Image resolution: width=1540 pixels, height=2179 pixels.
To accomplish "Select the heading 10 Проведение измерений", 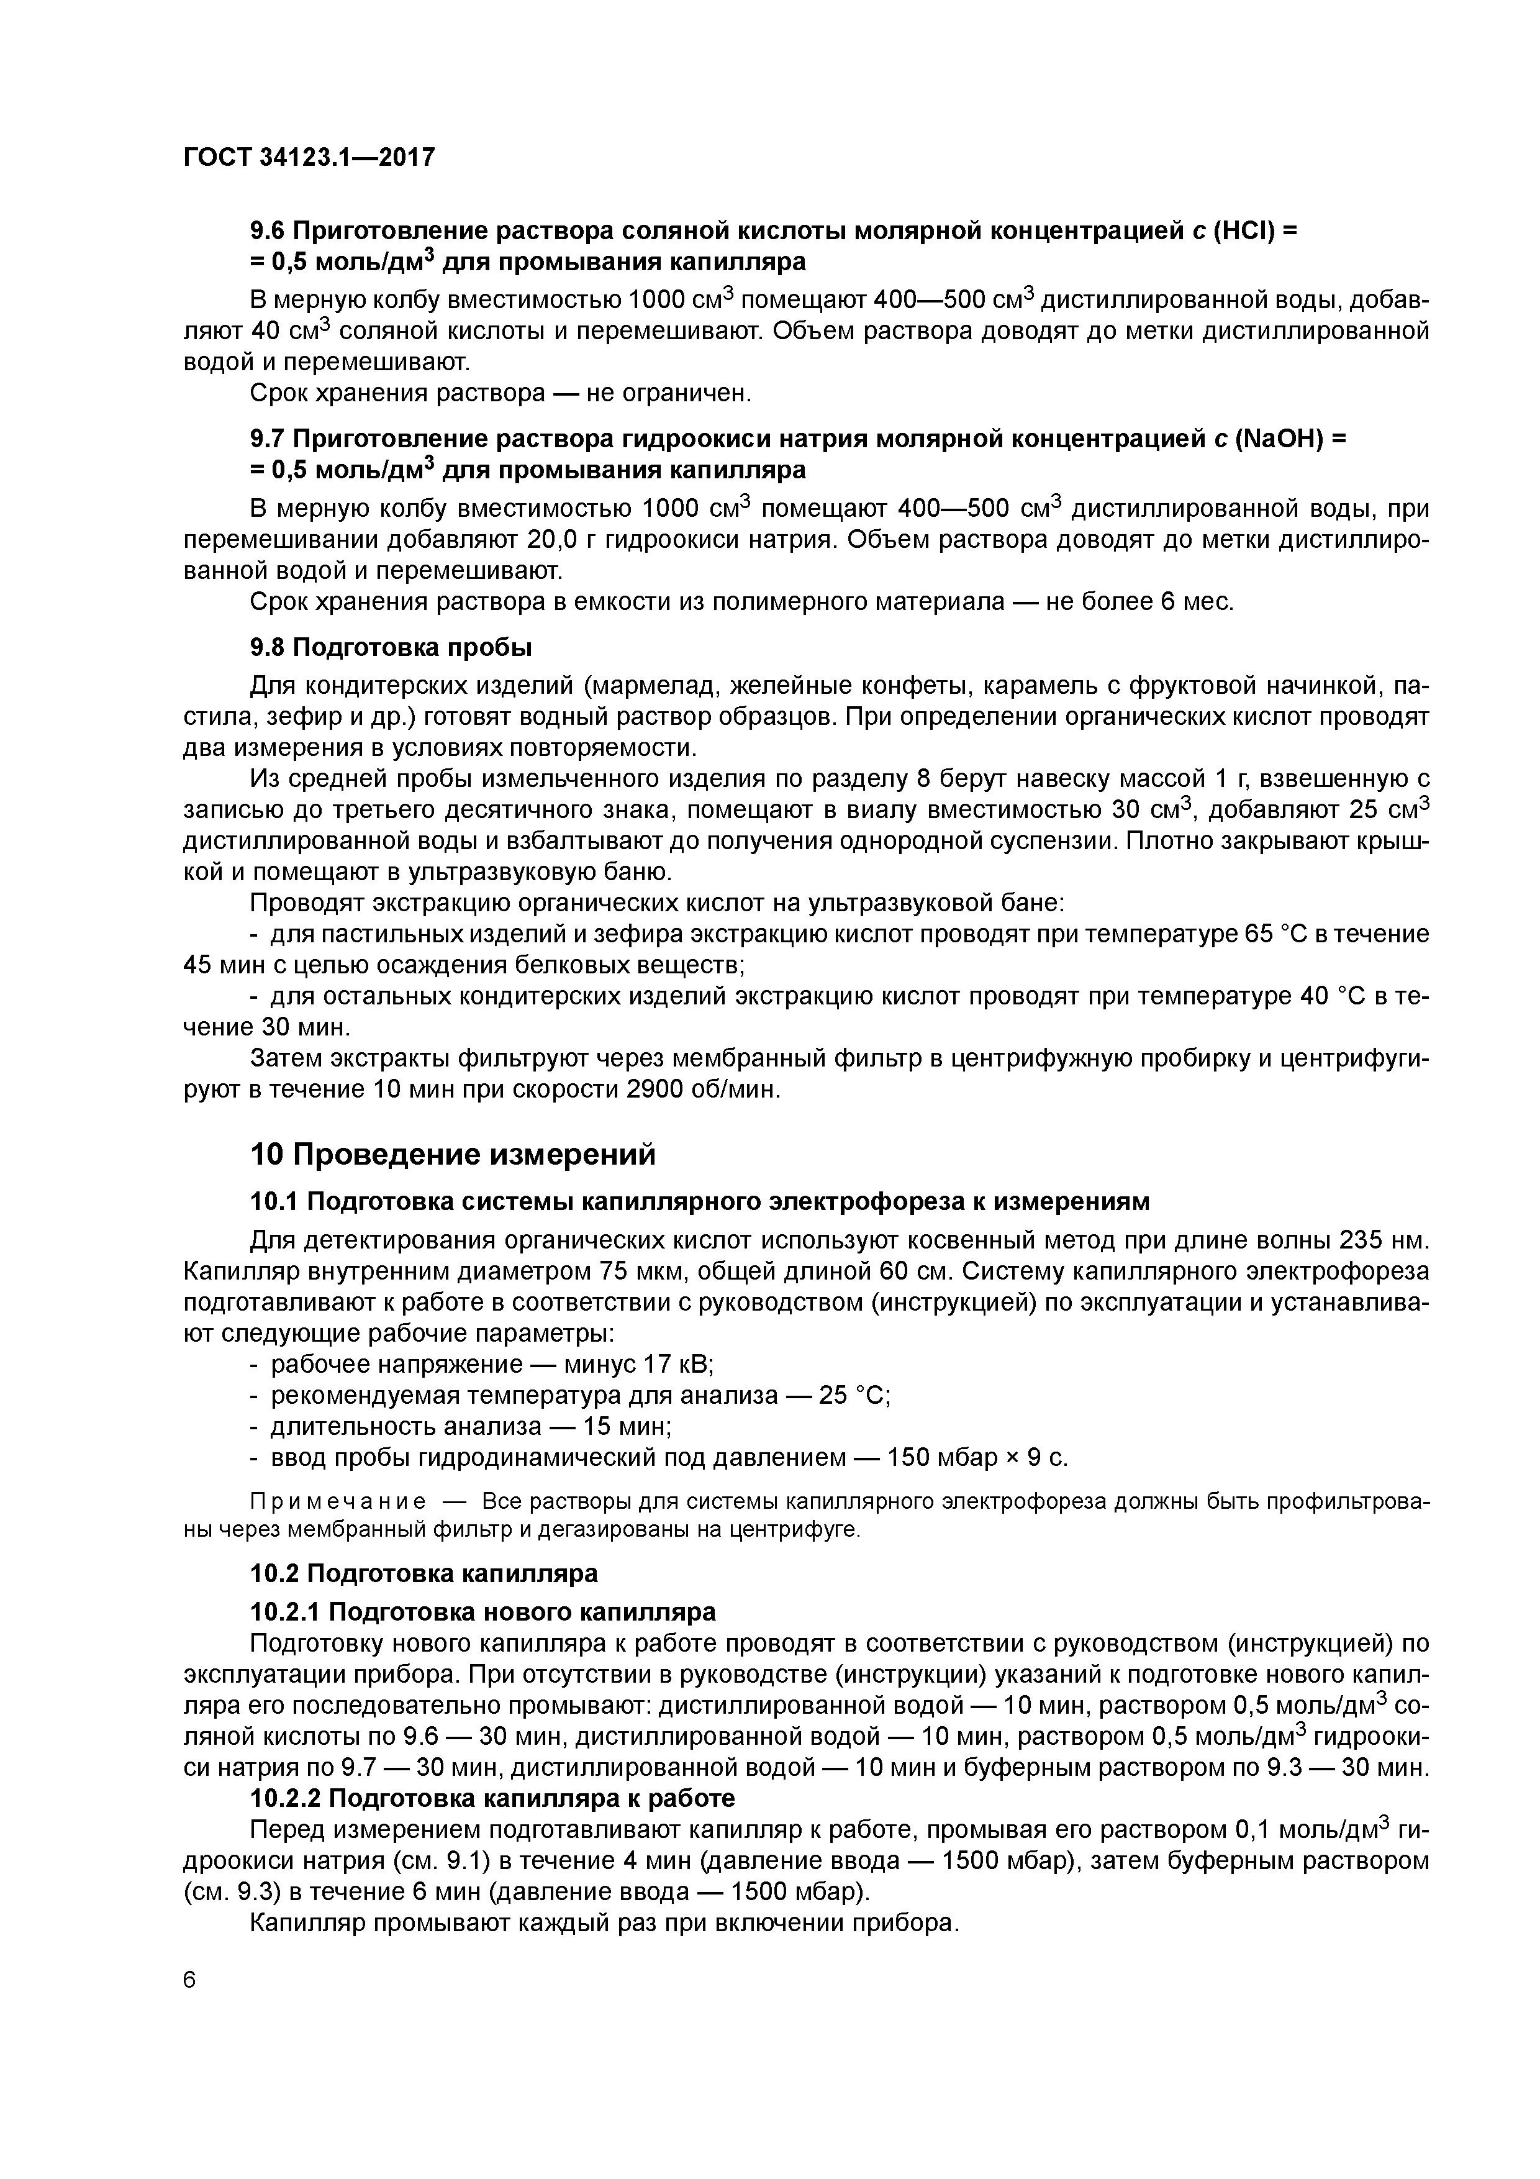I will coord(453,1154).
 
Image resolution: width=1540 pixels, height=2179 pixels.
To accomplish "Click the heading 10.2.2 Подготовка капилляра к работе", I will coord(492,1798).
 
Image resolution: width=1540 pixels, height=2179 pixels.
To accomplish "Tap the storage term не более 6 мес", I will coord(1139,602).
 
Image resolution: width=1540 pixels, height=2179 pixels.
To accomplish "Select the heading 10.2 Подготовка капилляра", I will coord(423,1573).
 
